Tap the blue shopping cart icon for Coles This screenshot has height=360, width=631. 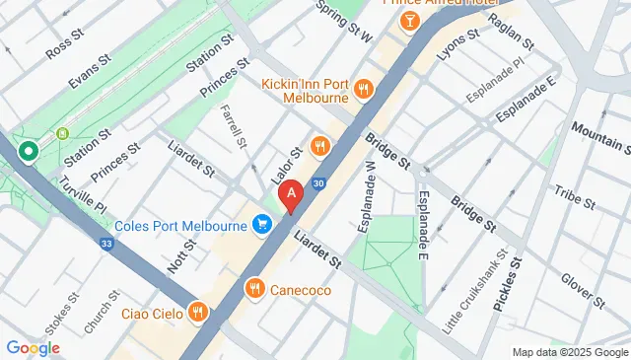click(x=261, y=226)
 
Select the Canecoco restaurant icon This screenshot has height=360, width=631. click(x=254, y=289)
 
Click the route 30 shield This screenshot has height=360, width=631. click(x=318, y=183)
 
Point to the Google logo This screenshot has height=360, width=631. click(x=33, y=347)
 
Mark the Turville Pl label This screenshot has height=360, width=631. click(x=83, y=194)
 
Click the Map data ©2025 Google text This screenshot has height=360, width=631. click(x=570, y=352)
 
